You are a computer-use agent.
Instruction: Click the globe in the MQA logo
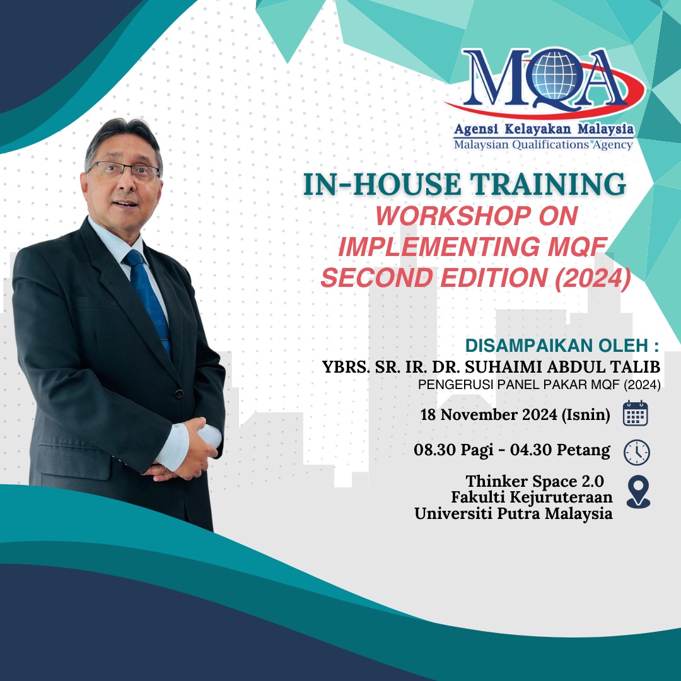(556, 74)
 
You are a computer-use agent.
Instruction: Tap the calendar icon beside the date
(635, 413)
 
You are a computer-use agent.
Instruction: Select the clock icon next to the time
(637, 453)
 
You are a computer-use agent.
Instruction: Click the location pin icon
(638, 491)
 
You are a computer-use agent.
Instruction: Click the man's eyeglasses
(125, 171)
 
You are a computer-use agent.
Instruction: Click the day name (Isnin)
(586, 415)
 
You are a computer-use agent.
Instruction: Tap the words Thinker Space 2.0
(535, 481)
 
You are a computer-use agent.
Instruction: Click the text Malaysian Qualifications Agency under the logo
(544, 144)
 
